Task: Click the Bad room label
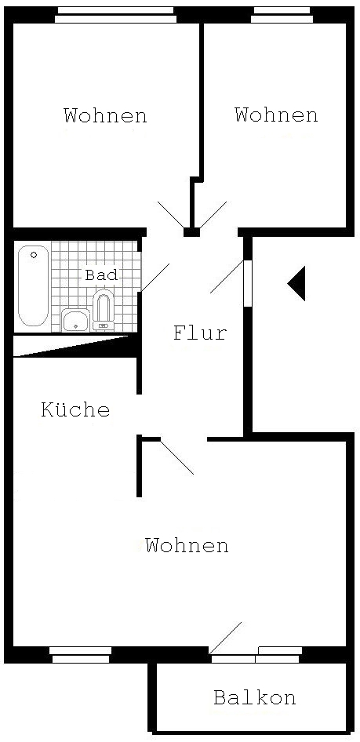click(100, 275)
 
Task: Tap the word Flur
click(200, 333)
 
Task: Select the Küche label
click(76, 409)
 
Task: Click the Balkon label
click(254, 697)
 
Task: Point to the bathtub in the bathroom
click(33, 286)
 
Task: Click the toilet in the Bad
click(103, 311)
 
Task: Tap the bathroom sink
click(75, 320)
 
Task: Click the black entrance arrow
click(296, 283)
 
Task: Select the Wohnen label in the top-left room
click(106, 115)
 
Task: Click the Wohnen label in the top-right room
click(276, 115)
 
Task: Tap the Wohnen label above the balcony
click(187, 546)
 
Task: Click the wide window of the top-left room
click(116, 15)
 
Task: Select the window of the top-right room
click(282, 15)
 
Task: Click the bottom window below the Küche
click(81, 655)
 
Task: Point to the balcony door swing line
click(225, 638)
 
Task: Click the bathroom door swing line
click(155, 278)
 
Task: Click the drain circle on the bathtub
click(34, 255)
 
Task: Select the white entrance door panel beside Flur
click(248, 283)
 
